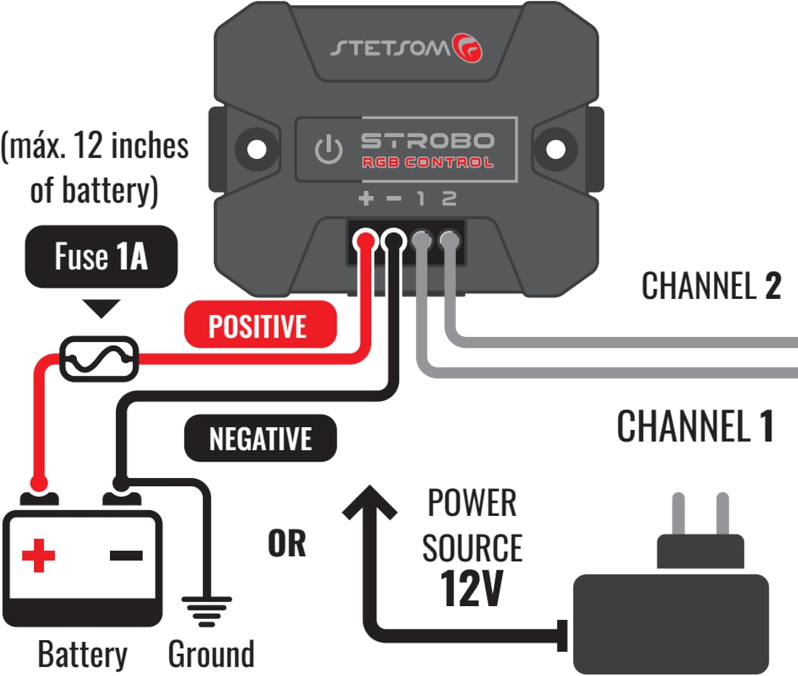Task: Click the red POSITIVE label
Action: click(x=260, y=325)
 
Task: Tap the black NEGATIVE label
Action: click(x=260, y=438)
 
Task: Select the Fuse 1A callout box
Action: click(x=101, y=256)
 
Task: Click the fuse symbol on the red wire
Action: click(x=98, y=359)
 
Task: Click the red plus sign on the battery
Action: click(x=38, y=555)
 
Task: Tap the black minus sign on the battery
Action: click(x=126, y=555)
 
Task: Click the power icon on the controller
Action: click(x=328, y=149)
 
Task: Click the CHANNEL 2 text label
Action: click(x=711, y=286)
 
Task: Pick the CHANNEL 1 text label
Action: click(x=695, y=426)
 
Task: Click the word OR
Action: click(x=287, y=543)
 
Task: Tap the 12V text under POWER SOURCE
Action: click(x=471, y=588)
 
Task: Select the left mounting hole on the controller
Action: click(x=257, y=149)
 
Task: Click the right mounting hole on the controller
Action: click(x=555, y=149)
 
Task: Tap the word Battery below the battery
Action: click(x=82, y=654)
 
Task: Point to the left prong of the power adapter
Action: click(x=678, y=514)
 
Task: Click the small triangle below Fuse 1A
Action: click(x=101, y=308)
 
